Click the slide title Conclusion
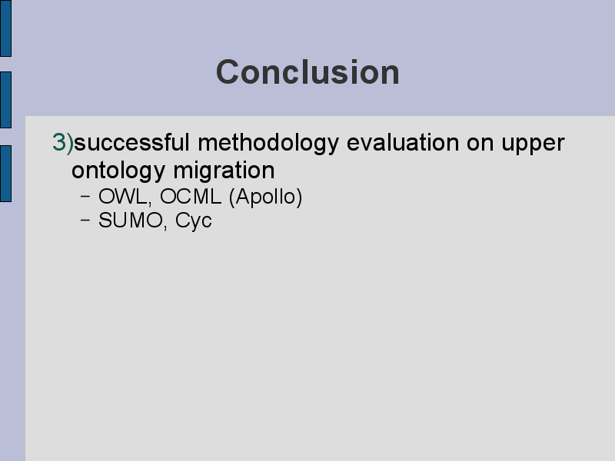(x=308, y=72)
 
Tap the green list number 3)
(x=63, y=142)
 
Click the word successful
(x=131, y=142)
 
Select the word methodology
(x=268, y=144)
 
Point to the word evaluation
(x=403, y=142)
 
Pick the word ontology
(x=118, y=171)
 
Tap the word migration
(x=224, y=171)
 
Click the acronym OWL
(x=123, y=197)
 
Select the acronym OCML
(x=191, y=197)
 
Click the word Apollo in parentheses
(x=265, y=197)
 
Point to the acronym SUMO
(x=130, y=221)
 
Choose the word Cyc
(x=194, y=221)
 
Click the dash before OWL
(x=85, y=197)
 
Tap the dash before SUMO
(x=85, y=221)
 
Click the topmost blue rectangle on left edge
(x=6, y=28)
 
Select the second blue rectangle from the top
(x=6, y=100)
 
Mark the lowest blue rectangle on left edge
(x=6, y=174)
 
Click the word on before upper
(x=480, y=144)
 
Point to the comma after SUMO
(x=165, y=227)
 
